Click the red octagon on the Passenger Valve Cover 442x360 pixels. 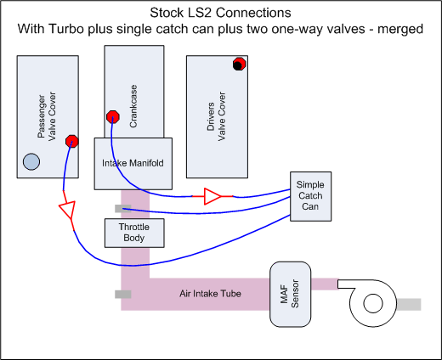pos(72,142)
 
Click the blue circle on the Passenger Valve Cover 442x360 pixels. pos(31,161)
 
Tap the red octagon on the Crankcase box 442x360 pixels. pos(111,116)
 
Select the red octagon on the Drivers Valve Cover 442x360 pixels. pos(240,65)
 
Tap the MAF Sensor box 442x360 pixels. pos(290,293)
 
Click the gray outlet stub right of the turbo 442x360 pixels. pos(408,304)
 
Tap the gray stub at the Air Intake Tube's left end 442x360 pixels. pos(122,295)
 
